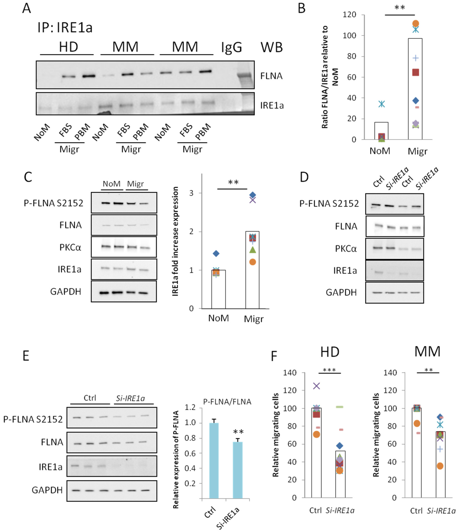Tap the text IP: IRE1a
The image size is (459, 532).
(65, 27)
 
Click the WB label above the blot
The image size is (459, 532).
(272, 47)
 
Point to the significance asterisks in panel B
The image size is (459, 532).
(400, 8)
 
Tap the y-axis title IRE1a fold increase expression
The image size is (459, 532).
(175, 241)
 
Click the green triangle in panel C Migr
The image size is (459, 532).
(253, 250)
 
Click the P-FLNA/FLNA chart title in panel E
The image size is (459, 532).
(227, 402)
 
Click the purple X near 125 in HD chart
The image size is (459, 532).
(316, 386)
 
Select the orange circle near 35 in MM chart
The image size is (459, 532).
(440, 466)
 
